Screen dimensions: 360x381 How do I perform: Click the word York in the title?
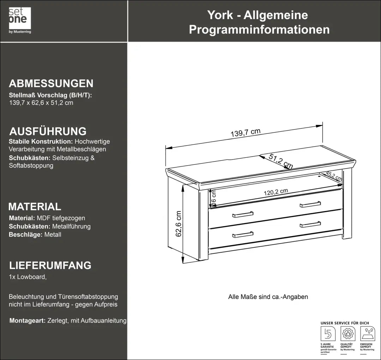point(220,15)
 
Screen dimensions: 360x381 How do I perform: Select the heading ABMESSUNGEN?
point(51,84)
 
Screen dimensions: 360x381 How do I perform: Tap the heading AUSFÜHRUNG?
point(48,131)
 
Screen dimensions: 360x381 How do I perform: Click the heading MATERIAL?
point(35,206)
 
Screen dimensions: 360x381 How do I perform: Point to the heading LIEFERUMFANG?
point(50,265)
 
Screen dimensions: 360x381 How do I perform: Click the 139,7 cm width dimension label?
point(246,133)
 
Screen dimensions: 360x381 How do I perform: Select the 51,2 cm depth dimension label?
point(281,161)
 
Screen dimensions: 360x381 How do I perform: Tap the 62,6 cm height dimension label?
point(179,224)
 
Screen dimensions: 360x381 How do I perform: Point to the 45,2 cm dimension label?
point(333,176)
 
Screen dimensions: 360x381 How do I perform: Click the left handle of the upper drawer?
point(243,214)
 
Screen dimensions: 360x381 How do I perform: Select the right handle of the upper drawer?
point(310,204)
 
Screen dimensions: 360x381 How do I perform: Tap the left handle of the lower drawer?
point(243,234)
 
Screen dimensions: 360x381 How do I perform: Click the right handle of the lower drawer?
point(310,224)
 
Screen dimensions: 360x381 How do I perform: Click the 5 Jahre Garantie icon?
point(328,334)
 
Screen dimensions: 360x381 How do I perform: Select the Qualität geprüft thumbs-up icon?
point(347,334)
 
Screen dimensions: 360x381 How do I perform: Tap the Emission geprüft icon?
point(367,334)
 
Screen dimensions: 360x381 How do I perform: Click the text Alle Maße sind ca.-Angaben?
point(268,297)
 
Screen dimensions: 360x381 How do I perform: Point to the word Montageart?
point(27,321)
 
